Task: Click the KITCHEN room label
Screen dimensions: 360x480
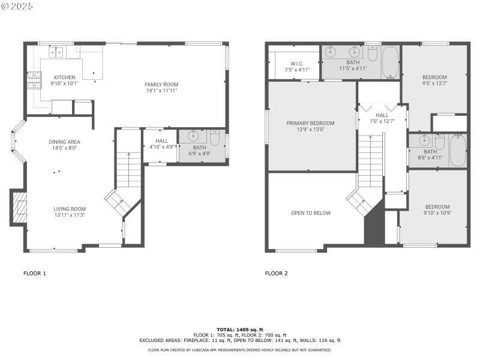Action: pos(65,77)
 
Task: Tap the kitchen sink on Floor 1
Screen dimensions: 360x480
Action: pos(58,52)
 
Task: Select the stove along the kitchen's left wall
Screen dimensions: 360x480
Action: pos(33,80)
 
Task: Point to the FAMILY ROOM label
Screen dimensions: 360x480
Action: pos(161,84)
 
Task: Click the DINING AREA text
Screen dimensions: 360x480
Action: pos(65,142)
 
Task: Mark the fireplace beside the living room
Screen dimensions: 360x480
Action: pos(20,208)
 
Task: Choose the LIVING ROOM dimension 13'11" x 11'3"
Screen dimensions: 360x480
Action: pos(70,215)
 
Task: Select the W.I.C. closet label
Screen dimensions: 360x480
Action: pos(297,64)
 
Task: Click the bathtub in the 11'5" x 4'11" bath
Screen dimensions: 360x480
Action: pos(391,62)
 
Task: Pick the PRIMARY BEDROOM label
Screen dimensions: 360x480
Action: pos(310,123)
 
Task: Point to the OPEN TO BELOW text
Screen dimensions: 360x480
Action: pos(310,213)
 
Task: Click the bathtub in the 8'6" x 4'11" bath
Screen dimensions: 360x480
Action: pos(457,149)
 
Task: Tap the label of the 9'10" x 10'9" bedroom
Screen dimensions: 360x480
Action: pos(436,207)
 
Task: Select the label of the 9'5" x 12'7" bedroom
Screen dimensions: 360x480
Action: pos(434,77)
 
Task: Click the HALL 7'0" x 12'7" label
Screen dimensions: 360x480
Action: pos(382,115)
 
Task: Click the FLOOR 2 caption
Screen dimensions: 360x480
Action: pos(277,273)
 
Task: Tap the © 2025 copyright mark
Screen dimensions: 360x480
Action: pos(17,6)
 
